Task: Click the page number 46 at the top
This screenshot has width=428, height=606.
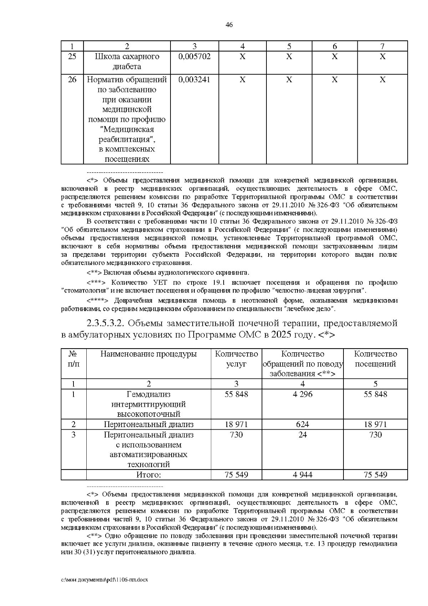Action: tap(229, 25)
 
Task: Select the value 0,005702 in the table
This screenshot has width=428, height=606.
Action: tap(194, 56)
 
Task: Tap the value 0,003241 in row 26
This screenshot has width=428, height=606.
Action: tap(194, 80)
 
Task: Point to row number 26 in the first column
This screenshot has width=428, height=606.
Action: tap(72, 80)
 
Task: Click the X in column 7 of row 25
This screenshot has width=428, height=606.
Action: tap(382, 56)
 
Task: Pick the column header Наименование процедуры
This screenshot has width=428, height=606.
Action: tap(148, 354)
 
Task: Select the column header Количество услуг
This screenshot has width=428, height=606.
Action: tap(236, 359)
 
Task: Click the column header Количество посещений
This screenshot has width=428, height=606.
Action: tap(375, 359)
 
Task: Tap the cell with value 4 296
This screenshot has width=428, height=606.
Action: tap(302, 394)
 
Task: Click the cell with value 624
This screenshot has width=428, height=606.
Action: tap(302, 424)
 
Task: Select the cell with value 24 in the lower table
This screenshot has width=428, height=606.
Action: tap(302, 435)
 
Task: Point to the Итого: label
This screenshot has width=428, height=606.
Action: tap(148, 475)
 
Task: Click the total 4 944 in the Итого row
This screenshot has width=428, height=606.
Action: tap(302, 475)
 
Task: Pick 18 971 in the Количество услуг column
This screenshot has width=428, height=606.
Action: tap(236, 424)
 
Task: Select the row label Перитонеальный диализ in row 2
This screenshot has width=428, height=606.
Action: tap(148, 424)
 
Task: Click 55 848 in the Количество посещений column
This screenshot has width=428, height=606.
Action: tap(375, 394)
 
